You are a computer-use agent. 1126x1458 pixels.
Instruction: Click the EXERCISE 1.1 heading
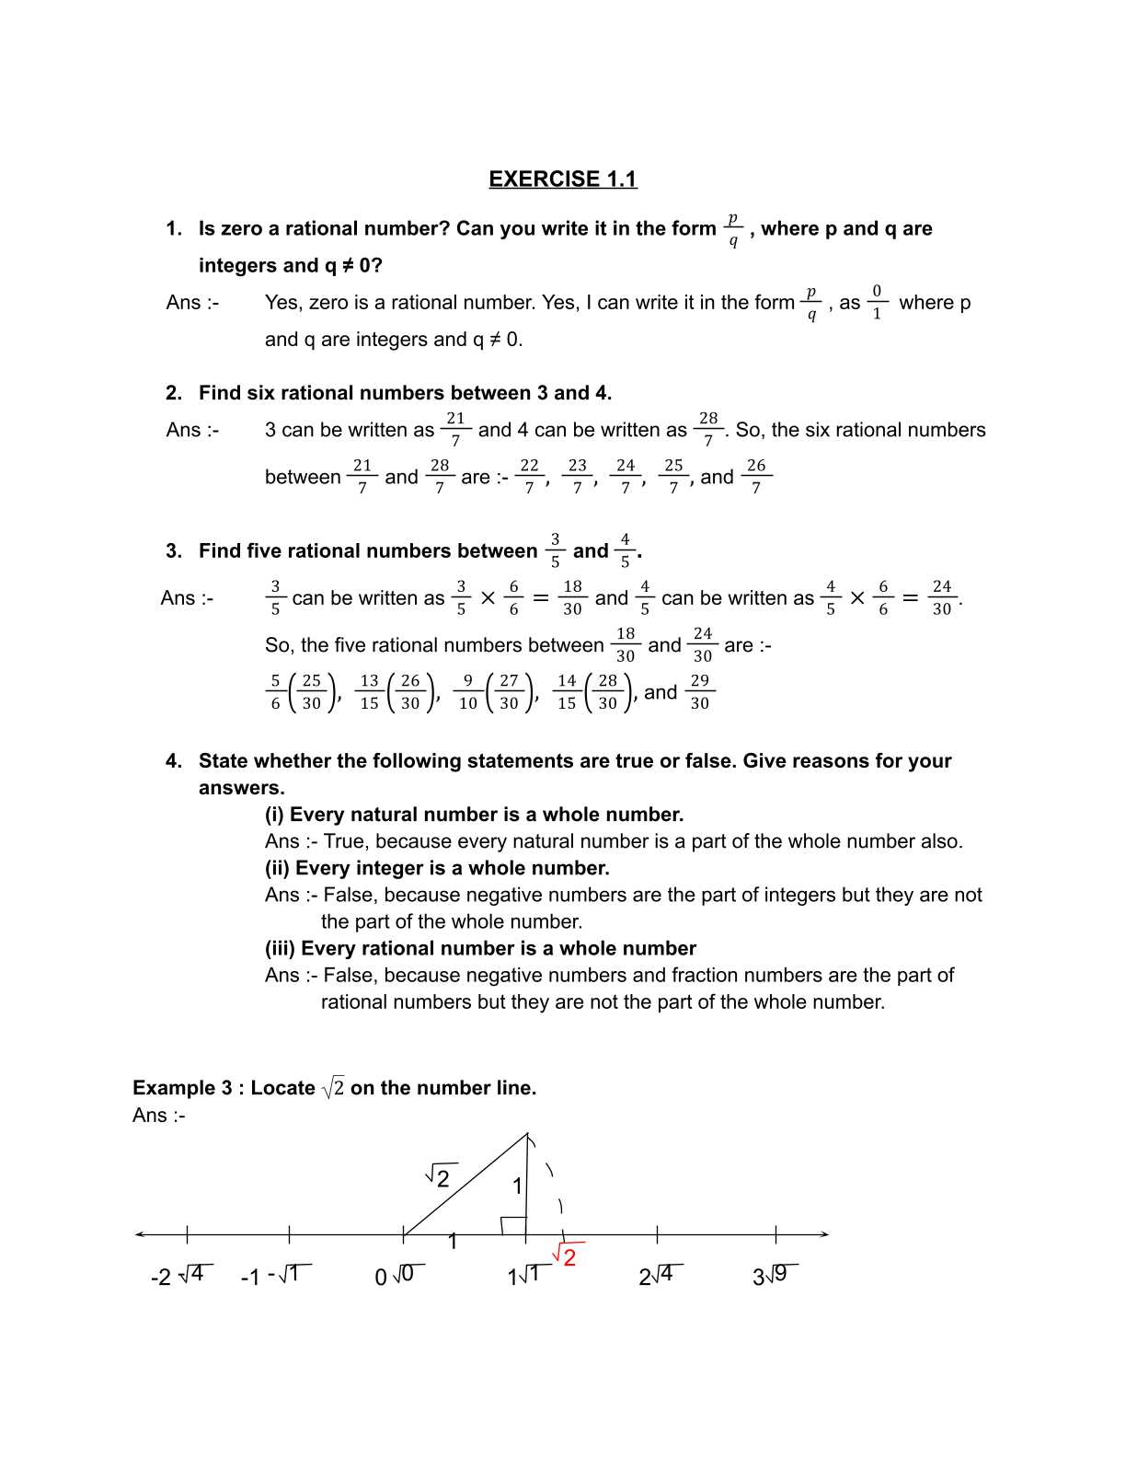click(562, 179)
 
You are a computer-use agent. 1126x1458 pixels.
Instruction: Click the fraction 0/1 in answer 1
click(877, 302)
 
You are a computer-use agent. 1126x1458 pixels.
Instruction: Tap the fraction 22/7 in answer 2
click(529, 476)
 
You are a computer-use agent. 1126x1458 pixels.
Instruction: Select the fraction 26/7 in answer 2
click(756, 476)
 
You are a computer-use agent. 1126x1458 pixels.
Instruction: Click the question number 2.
click(173, 393)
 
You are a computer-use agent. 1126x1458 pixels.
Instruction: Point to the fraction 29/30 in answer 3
click(699, 691)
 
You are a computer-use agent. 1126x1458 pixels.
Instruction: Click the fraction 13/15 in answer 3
click(369, 691)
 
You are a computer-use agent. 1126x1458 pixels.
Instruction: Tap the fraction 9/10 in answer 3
click(468, 691)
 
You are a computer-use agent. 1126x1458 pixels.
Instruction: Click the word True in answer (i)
click(343, 841)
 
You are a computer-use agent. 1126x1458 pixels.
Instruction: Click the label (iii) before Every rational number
click(280, 948)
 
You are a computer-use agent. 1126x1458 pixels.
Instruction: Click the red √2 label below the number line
click(566, 1256)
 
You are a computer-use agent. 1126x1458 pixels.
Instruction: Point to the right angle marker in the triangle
click(512, 1225)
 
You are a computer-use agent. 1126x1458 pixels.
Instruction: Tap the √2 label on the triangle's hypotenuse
click(439, 1177)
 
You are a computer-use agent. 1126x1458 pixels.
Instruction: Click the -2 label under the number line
click(160, 1277)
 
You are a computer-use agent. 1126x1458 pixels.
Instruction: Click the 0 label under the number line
click(381, 1278)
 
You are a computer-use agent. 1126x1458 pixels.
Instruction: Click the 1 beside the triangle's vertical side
click(517, 1186)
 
